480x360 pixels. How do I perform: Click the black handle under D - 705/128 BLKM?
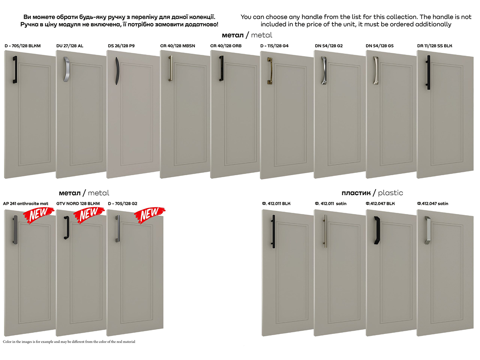15,70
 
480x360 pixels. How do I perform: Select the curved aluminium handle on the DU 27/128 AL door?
66,69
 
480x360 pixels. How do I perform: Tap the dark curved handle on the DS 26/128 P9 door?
117,71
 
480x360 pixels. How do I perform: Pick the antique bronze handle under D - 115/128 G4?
270,71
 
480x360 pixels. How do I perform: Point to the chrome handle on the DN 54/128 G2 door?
324,70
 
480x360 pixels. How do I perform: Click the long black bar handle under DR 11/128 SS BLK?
428,72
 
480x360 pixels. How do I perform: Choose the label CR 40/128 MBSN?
177,46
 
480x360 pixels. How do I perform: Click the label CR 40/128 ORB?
226,46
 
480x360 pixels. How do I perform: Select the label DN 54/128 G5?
380,46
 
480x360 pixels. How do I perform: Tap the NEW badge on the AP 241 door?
39,215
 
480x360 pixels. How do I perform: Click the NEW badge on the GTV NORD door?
89,215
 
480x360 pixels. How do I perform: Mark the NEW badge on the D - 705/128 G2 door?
150,215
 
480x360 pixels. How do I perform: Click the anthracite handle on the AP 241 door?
15,230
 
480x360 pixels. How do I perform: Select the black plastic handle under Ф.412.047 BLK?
377,230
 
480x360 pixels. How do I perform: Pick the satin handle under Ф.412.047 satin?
428,230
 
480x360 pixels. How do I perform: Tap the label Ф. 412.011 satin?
330,204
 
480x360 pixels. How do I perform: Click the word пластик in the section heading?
356,193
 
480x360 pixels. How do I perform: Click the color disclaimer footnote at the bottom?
69,342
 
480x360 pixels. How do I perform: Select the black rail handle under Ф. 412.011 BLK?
273,231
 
